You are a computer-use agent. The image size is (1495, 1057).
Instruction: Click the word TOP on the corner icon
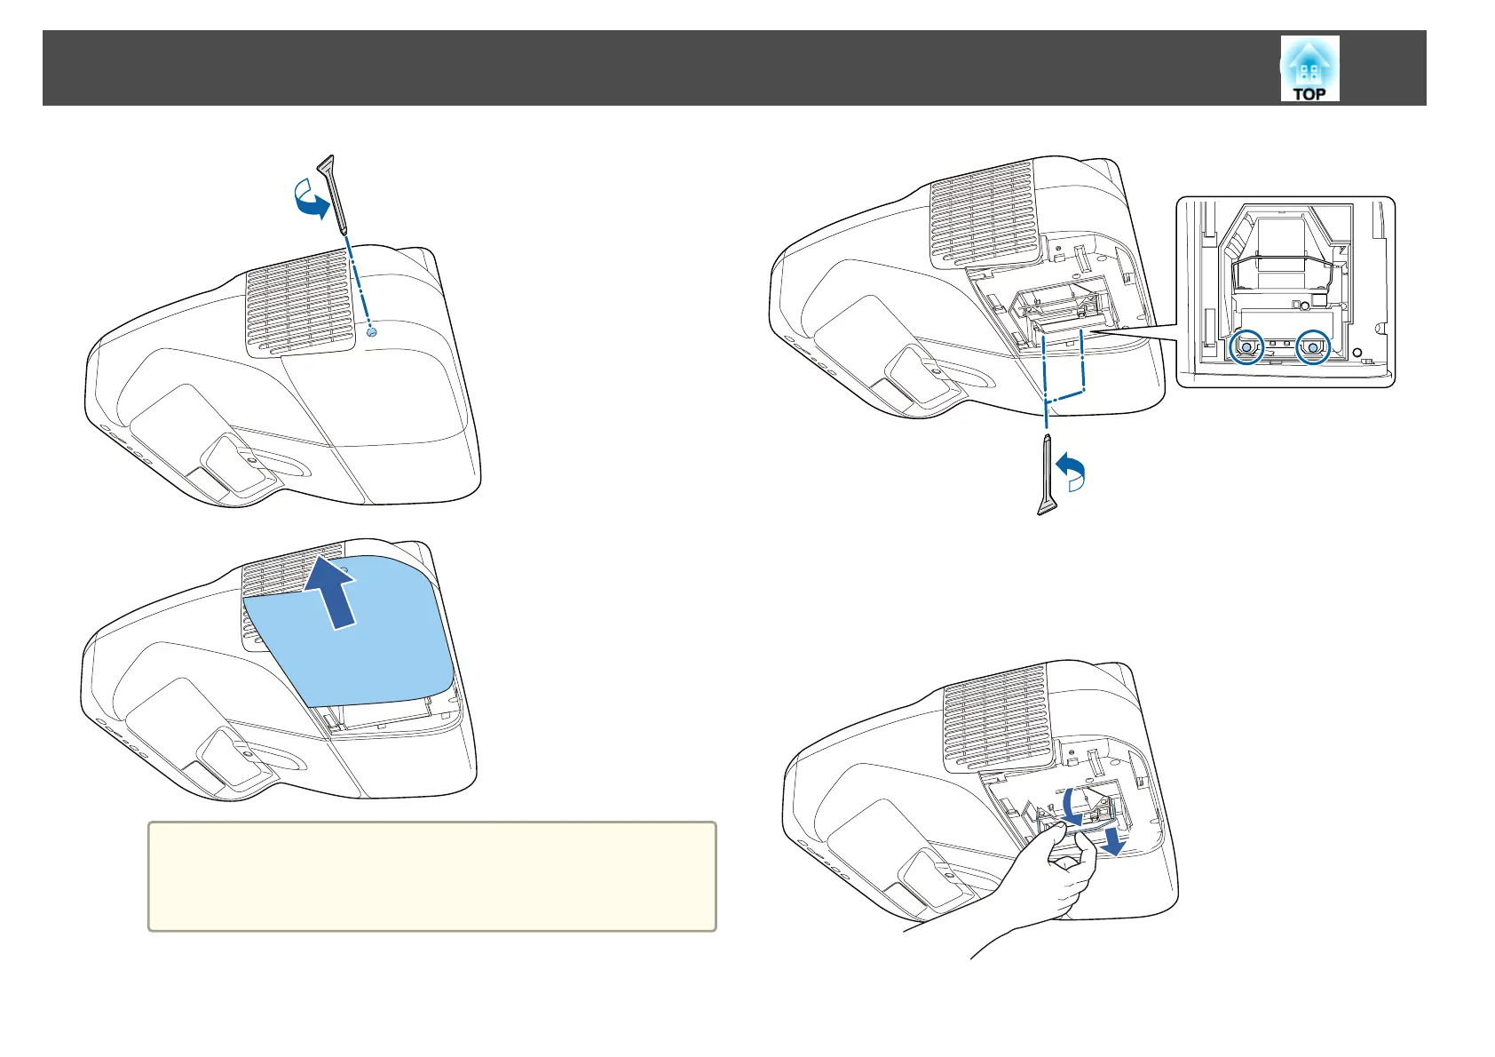click(x=1309, y=93)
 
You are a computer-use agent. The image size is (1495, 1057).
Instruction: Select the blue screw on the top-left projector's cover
click(x=372, y=331)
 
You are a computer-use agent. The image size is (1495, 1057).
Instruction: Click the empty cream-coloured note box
click(x=431, y=876)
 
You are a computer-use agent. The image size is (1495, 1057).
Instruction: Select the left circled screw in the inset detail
click(x=1246, y=348)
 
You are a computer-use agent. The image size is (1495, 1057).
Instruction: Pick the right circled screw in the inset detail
click(x=1313, y=348)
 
